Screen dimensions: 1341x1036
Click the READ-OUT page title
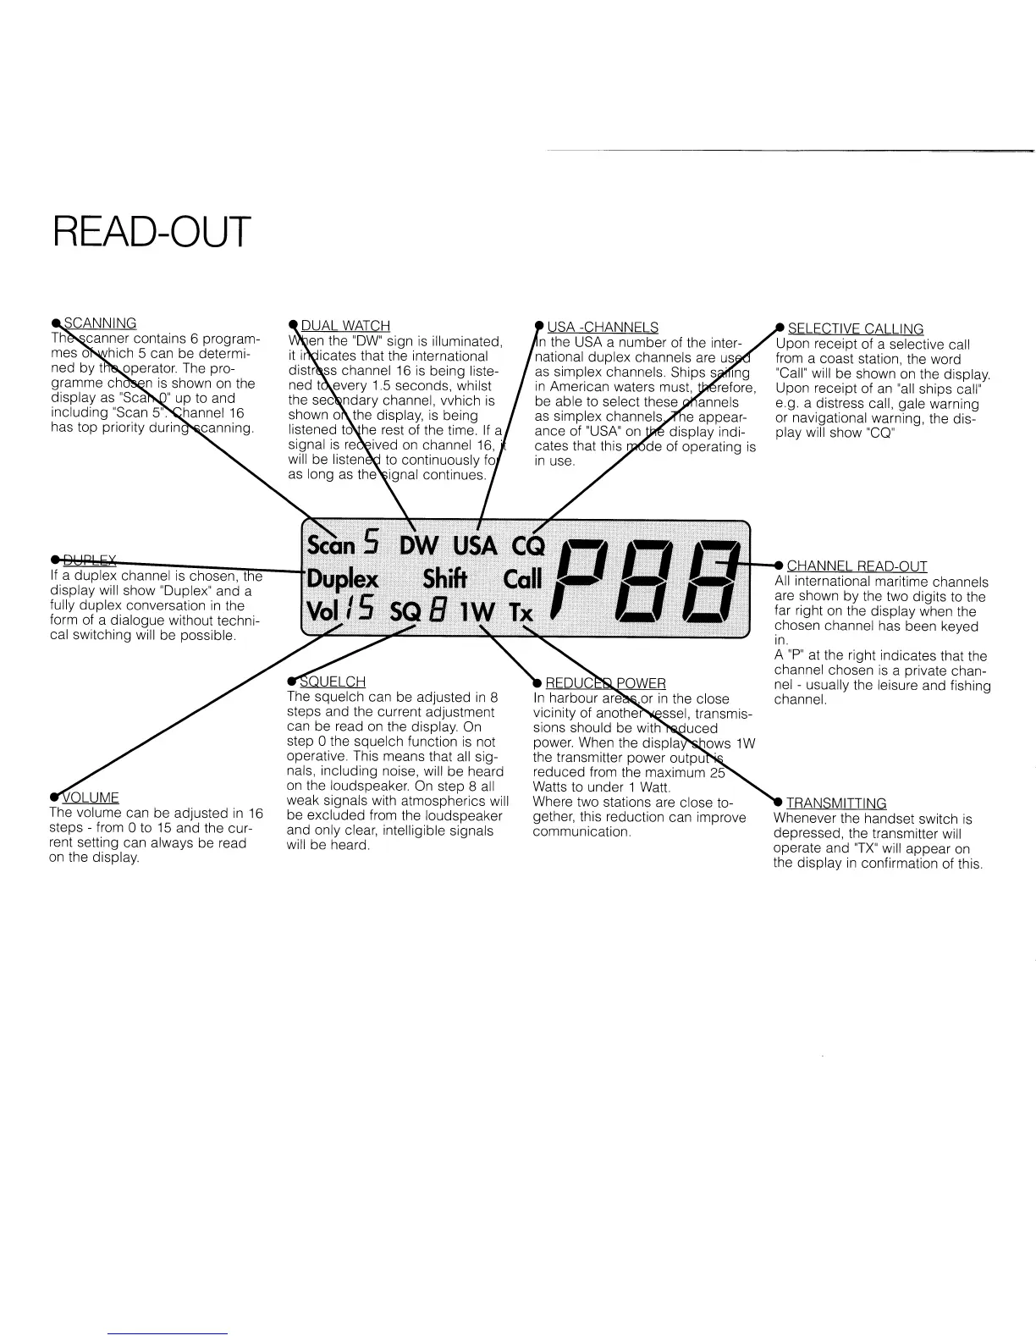pyautogui.click(x=152, y=232)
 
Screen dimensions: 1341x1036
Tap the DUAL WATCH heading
pyautogui.click(x=345, y=326)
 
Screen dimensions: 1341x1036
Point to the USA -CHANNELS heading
pyautogui.click(x=603, y=328)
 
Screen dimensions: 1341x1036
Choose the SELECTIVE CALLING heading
pyautogui.click(x=855, y=328)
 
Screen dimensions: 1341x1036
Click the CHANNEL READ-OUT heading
pyautogui.click(x=857, y=566)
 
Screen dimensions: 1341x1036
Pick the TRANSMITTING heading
pyautogui.click(x=836, y=803)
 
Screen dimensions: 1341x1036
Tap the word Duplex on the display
pyautogui.click(x=342, y=580)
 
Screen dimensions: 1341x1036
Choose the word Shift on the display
pyautogui.click(x=445, y=579)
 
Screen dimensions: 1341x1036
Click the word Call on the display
pyautogui.click(x=522, y=580)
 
